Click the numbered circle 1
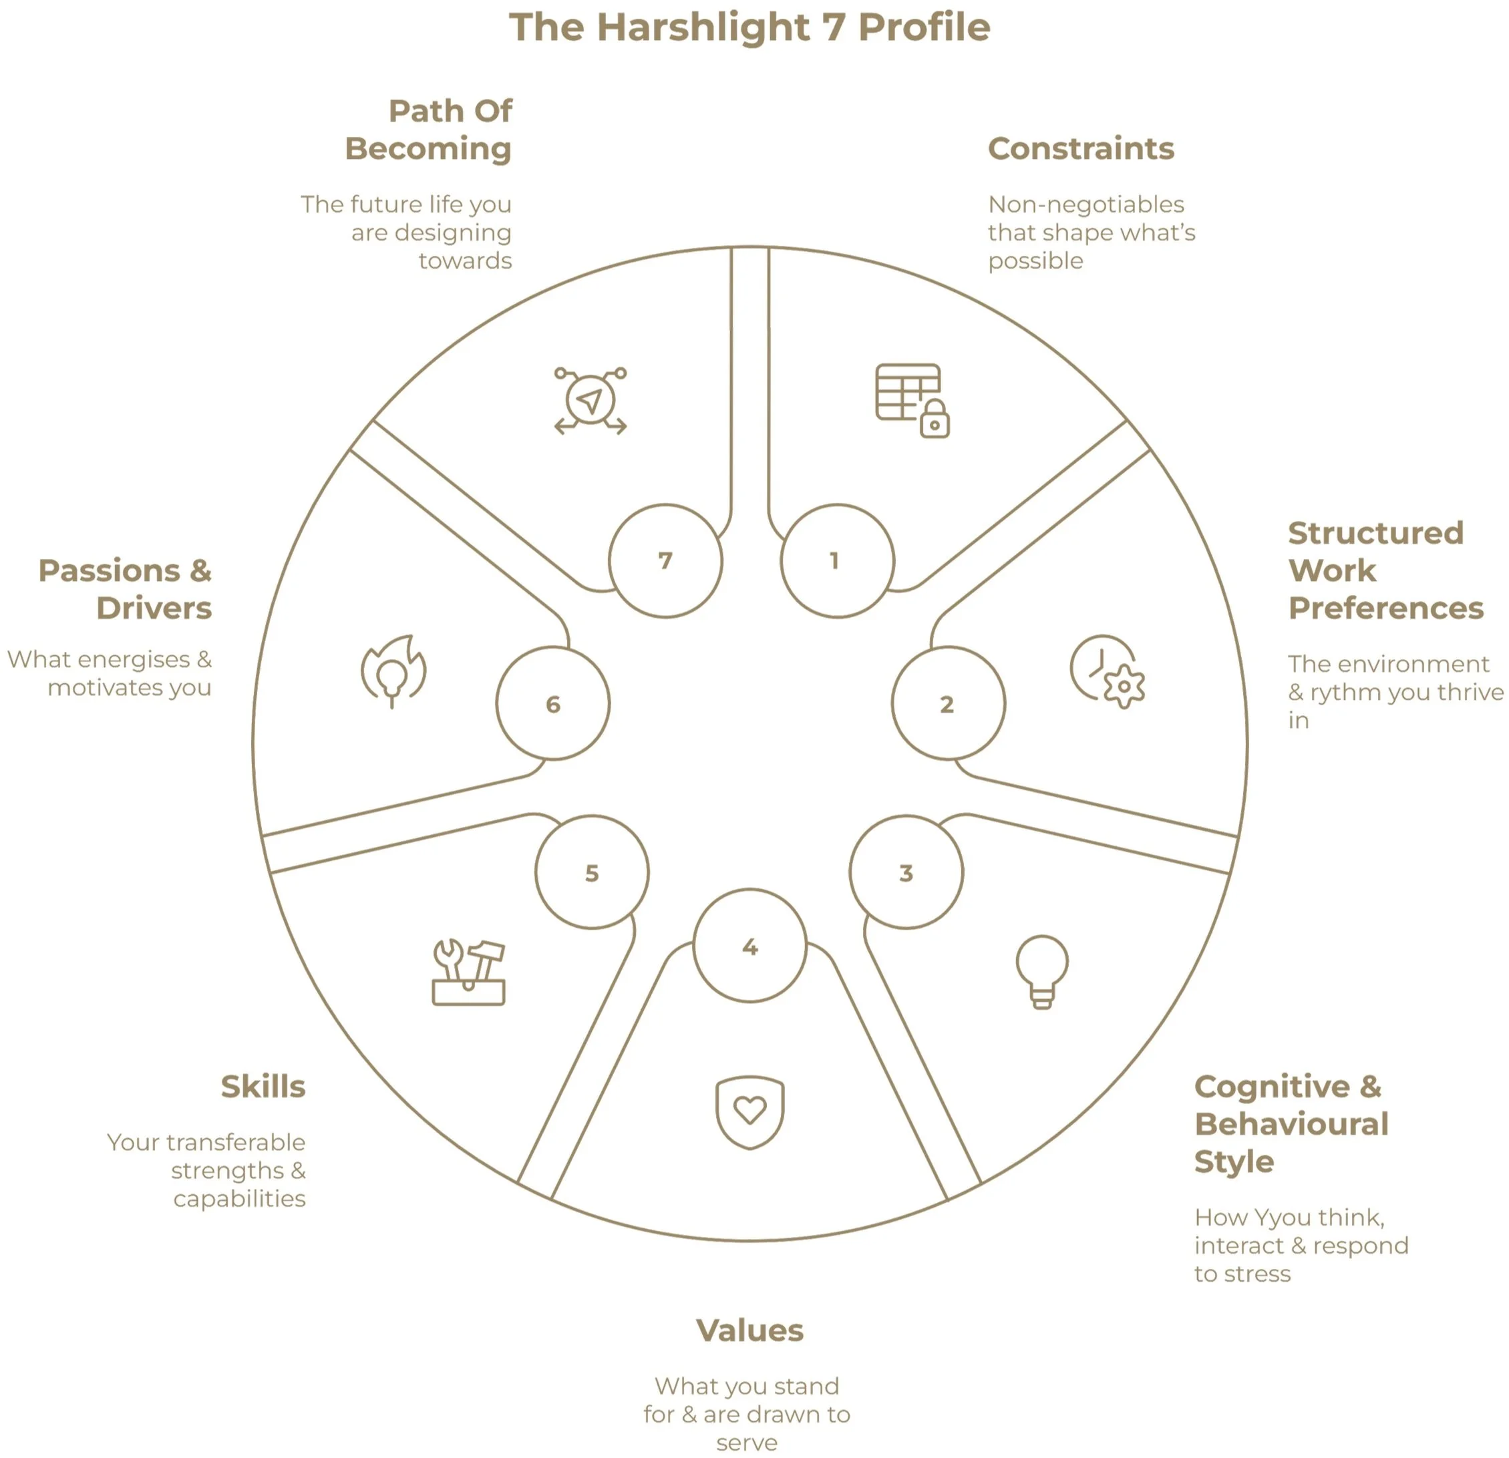[837, 560]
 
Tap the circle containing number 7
[665, 560]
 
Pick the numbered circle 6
[553, 703]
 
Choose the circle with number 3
[906, 872]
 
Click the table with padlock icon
[912, 400]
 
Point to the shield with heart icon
[750, 1111]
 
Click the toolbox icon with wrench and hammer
[468, 972]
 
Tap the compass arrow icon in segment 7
[591, 401]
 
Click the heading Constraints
[1081, 148]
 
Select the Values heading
[750, 1330]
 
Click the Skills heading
[263, 1086]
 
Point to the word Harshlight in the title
[703, 27]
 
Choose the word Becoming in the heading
[428, 148]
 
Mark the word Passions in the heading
[110, 571]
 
